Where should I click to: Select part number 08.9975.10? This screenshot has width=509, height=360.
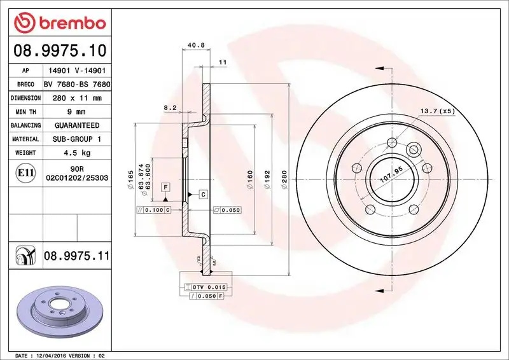click(59, 49)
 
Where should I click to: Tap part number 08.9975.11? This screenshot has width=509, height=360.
click(77, 256)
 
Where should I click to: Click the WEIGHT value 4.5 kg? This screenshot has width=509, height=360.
click(77, 153)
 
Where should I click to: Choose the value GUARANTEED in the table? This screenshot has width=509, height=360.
click(77, 125)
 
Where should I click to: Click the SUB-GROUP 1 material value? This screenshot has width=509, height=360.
click(77, 139)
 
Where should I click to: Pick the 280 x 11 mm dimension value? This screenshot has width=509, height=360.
click(77, 99)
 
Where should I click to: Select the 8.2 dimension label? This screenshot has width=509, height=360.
click(170, 108)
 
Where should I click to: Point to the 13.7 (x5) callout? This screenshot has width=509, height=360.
click(438, 111)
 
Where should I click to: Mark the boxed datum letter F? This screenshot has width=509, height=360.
click(165, 187)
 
